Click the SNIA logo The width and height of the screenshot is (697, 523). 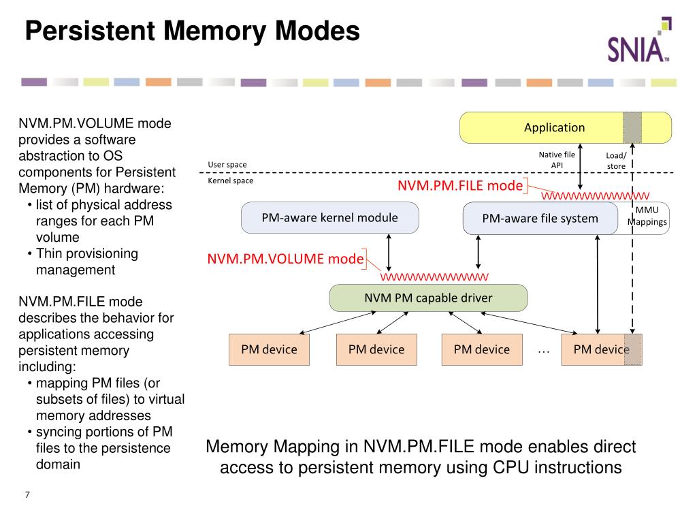(639, 40)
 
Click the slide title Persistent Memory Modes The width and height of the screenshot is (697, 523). (193, 31)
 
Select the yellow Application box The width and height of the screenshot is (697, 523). (566, 127)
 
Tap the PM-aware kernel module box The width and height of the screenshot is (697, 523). (330, 217)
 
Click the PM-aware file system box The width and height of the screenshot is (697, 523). (540, 219)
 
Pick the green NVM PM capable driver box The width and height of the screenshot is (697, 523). (428, 298)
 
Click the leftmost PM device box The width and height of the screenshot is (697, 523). (269, 349)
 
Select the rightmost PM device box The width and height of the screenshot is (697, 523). (602, 349)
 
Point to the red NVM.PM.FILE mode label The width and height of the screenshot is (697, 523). (460, 185)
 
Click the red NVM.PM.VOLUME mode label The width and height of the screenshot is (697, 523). (285, 259)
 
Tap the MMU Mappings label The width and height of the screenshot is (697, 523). (647, 216)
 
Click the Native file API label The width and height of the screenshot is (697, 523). (557, 160)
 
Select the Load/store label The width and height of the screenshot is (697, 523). (616, 161)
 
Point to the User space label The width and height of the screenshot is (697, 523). (227, 165)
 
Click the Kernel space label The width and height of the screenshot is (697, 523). (230, 180)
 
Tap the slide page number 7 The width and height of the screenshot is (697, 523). (27, 494)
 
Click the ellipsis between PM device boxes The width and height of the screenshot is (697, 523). (543, 352)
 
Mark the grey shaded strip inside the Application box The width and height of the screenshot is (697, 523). (632, 127)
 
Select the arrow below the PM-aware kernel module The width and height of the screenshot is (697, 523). (389, 253)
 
